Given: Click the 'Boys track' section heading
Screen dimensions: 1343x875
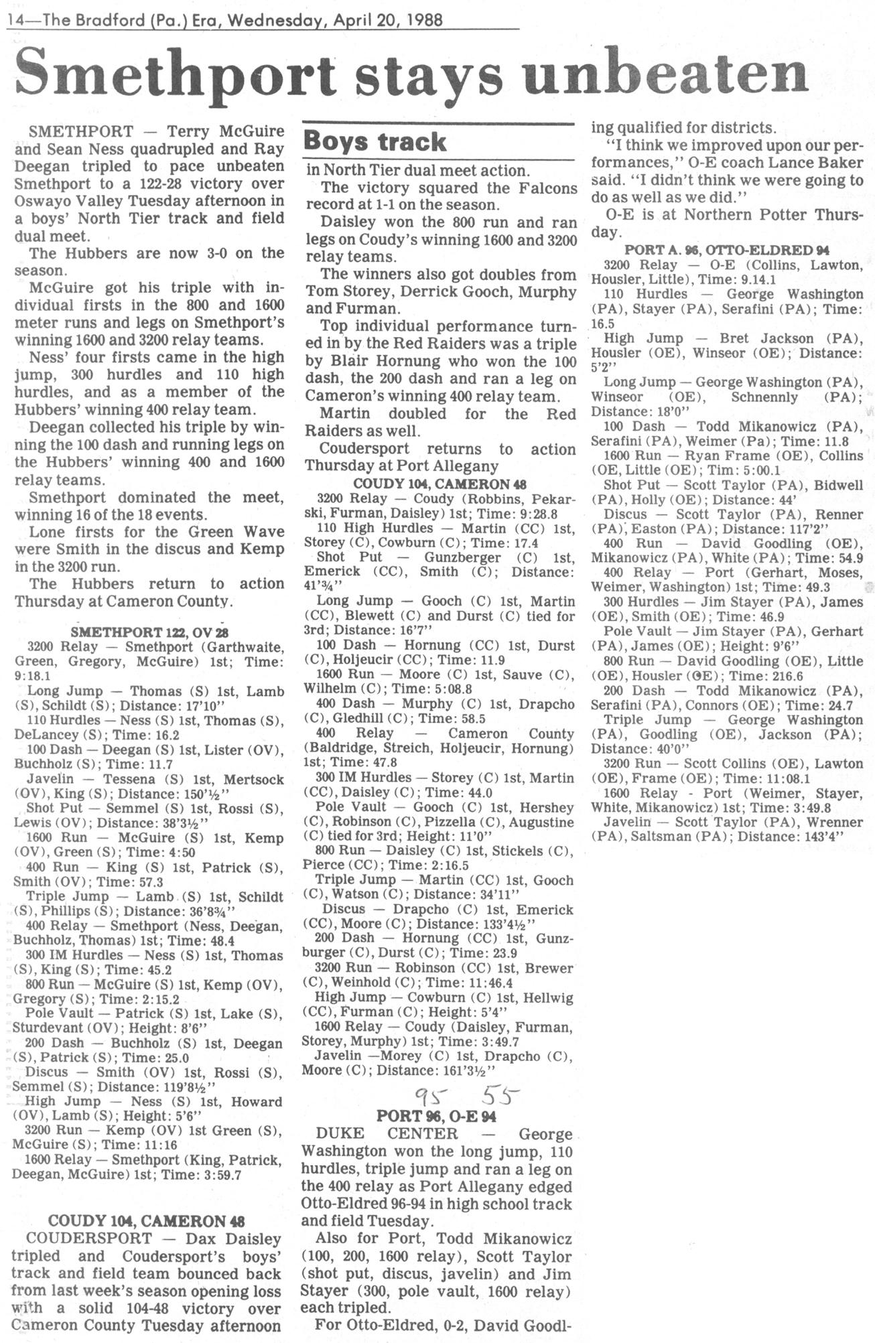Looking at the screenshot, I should click(x=375, y=142).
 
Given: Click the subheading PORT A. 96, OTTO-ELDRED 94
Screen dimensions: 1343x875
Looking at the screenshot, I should click(x=727, y=250).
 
